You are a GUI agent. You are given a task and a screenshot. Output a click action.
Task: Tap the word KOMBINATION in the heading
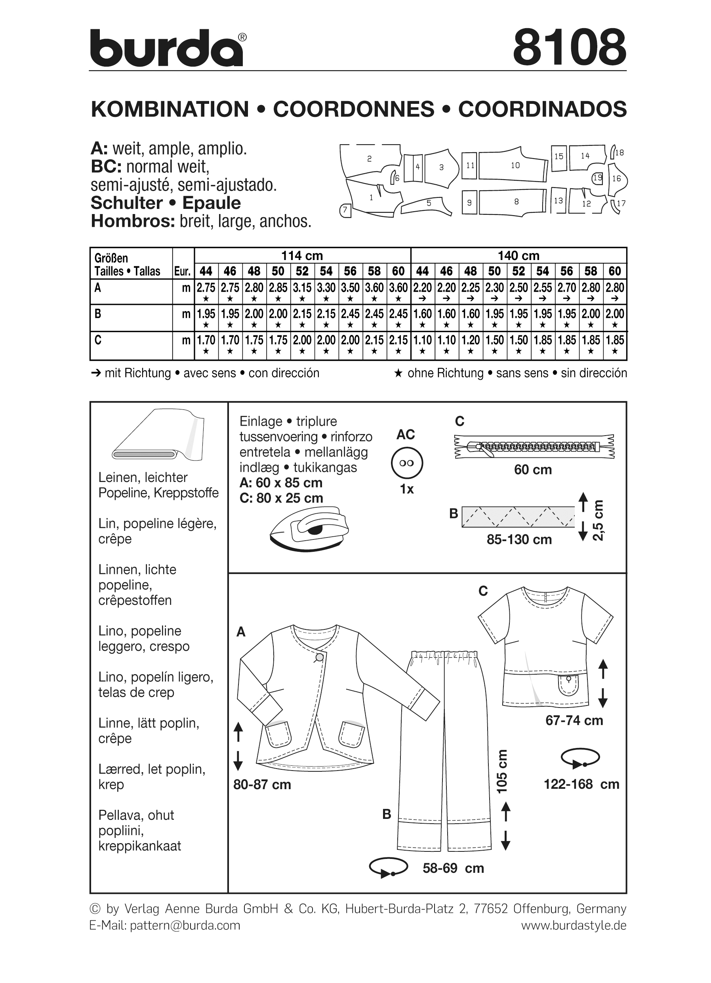[x=170, y=109]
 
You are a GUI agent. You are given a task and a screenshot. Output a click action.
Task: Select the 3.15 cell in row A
[x=302, y=288]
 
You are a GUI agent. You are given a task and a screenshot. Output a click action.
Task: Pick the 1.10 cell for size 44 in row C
[x=422, y=340]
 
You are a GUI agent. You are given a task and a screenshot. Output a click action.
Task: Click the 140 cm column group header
[x=518, y=256]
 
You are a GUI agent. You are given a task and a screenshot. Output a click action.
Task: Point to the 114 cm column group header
[x=302, y=256]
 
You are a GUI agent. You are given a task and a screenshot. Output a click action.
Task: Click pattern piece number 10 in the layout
[x=515, y=166]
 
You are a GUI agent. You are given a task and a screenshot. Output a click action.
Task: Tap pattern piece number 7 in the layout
[x=345, y=210]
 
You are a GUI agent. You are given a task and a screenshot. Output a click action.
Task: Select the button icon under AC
[x=406, y=463]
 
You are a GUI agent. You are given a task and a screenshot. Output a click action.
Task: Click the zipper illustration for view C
[x=534, y=446]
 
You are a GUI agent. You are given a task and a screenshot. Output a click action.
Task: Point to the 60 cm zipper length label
[x=533, y=470]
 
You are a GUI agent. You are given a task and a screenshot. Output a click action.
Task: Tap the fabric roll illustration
[x=158, y=435]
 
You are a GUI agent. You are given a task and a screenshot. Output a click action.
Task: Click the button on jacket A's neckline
[x=319, y=657]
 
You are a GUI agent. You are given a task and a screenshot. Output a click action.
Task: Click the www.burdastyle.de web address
[x=573, y=926]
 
